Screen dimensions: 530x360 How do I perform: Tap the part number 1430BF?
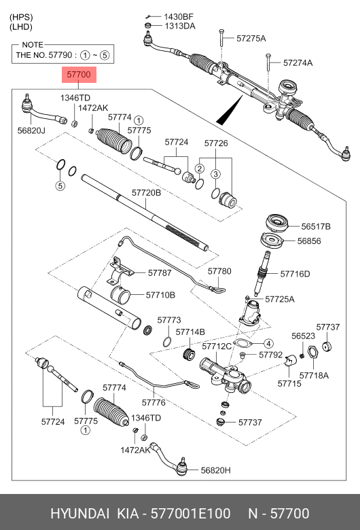pos(178,16)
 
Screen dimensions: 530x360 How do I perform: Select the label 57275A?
pos(251,38)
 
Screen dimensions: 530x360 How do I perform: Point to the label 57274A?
pos(298,63)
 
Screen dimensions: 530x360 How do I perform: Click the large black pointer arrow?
pos(230,110)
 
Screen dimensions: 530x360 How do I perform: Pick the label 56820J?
pos(31,130)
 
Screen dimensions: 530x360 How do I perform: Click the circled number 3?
pos(215,174)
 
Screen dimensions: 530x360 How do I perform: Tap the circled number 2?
pos(200,168)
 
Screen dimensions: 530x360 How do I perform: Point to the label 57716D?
pos(295,274)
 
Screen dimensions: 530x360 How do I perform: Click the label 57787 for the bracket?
pos(160,272)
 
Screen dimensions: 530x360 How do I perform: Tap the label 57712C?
pos(217,346)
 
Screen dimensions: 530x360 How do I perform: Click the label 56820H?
pos(216,470)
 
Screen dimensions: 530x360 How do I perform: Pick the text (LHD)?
pos(22,27)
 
